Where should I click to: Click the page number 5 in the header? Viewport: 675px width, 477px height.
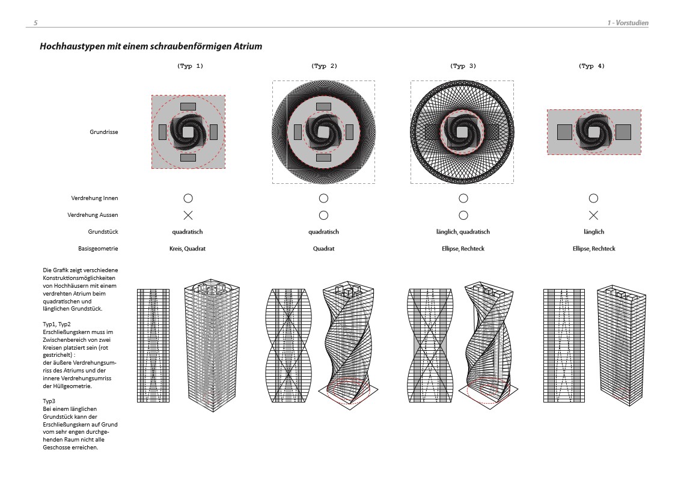click(35, 23)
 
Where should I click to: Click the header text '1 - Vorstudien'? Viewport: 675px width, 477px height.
click(628, 23)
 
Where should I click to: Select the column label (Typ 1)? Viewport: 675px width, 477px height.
click(190, 66)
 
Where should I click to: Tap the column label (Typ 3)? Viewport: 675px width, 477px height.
click(463, 66)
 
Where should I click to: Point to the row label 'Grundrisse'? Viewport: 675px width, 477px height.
click(104, 132)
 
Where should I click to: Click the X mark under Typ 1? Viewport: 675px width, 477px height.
click(188, 215)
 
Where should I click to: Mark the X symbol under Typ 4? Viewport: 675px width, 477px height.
click(593, 215)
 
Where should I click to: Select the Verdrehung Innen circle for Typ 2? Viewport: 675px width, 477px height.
click(324, 198)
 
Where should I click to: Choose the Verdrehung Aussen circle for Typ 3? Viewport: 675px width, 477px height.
click(463, 215)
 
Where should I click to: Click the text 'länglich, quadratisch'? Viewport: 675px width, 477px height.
click(463, 232)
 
